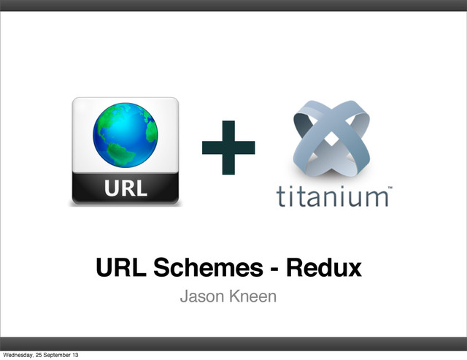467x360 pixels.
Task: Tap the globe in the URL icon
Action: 125,137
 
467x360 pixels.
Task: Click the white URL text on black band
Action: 124,189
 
